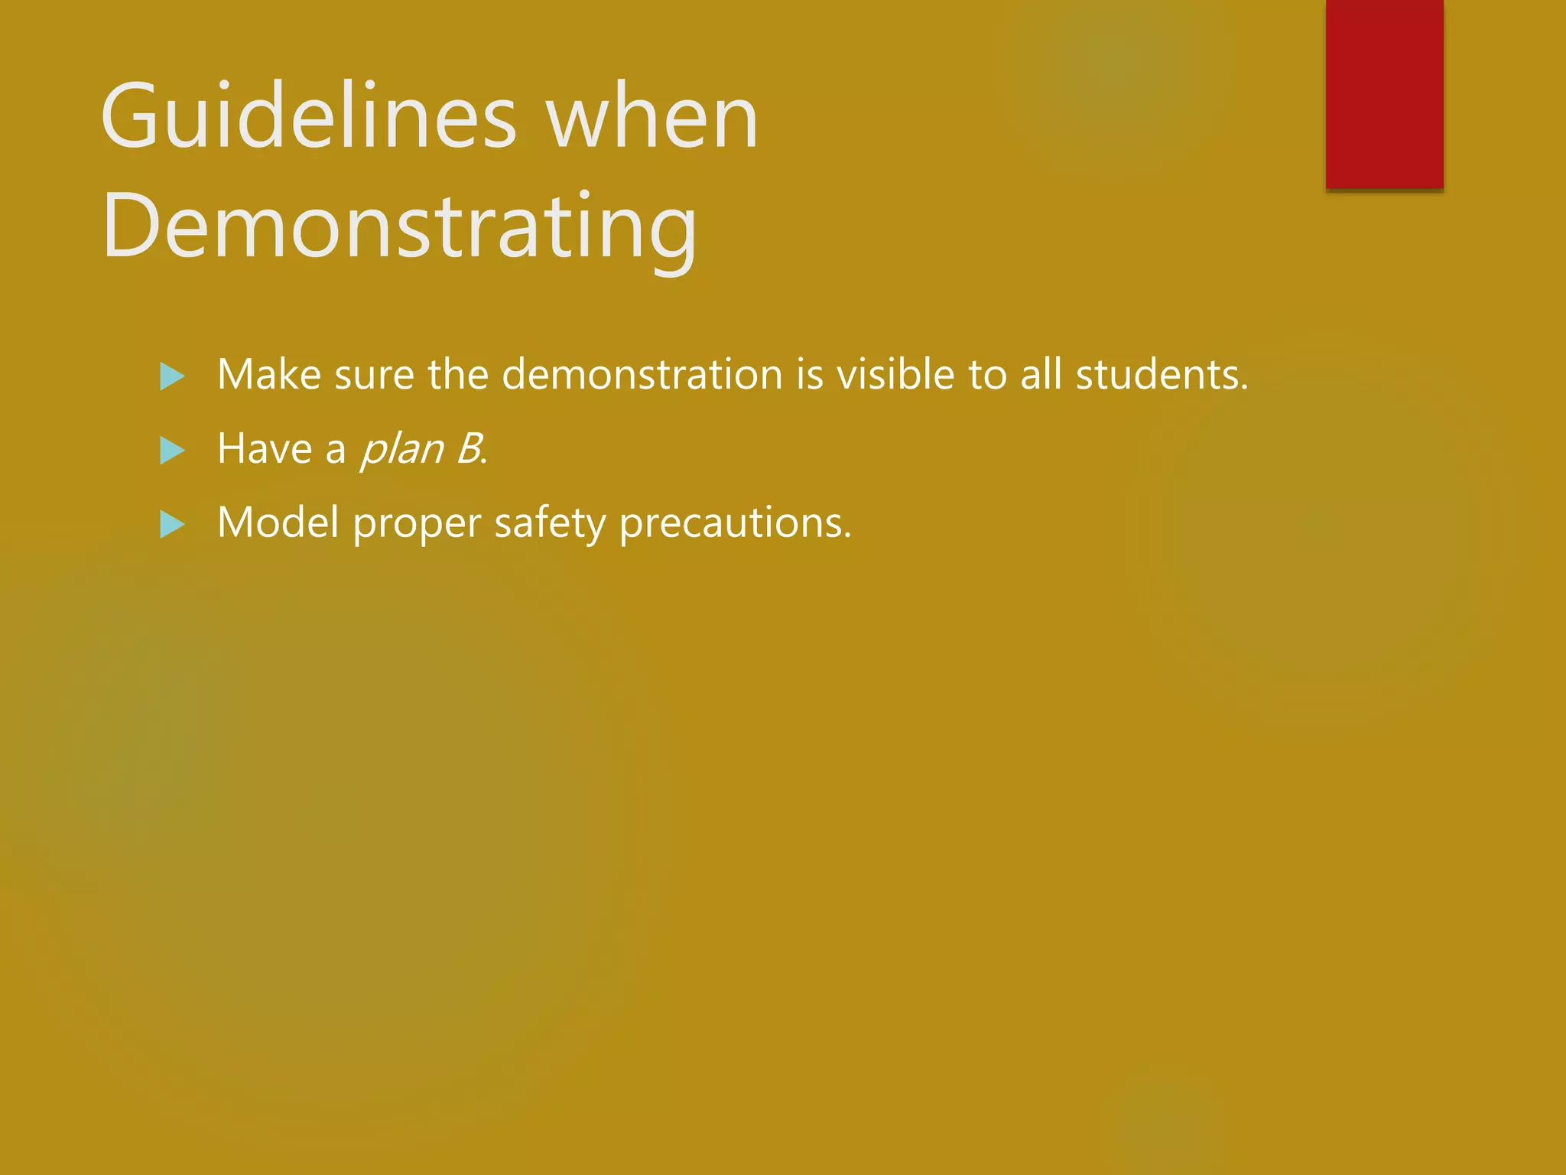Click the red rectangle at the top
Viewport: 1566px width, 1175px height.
(x=1384, y=93)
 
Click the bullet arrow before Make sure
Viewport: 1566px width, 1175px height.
(x=172, y=376)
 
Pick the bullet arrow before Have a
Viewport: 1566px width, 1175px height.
(x=172, y=451)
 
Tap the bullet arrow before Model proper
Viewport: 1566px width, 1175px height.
(x=172, y=525)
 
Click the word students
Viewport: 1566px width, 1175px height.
(x=1162, y=375)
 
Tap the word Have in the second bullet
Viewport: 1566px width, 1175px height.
(x=265, y=449)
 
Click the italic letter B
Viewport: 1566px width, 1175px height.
(x=468, y=449)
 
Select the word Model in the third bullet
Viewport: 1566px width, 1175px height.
(x=278, y=523)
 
